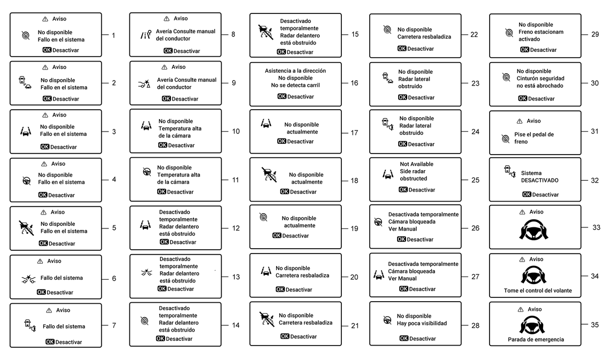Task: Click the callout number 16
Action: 354,83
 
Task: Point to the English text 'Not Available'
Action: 417,164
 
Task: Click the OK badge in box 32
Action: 527,195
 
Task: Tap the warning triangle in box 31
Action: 519,121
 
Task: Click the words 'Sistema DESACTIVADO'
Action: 539,177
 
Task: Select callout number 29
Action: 594,34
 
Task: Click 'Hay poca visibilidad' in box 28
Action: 422,323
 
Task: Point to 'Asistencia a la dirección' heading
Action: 295,71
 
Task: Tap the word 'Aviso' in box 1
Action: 59,19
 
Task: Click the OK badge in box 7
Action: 50,342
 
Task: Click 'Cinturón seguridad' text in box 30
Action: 540,78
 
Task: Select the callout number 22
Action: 474,35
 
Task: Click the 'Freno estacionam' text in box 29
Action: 541,32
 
